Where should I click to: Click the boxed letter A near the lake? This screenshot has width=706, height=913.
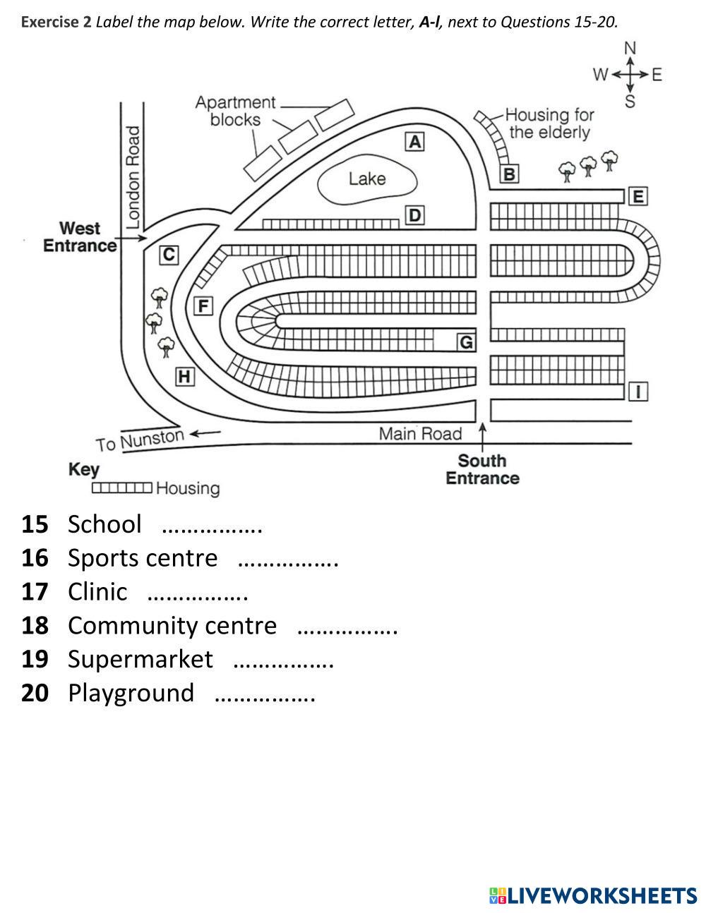pos(415,142)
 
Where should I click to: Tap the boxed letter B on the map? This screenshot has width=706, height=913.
pos(509,174)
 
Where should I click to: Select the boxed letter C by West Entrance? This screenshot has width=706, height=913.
pos(169,255)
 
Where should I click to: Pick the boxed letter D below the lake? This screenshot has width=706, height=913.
pos(415,215)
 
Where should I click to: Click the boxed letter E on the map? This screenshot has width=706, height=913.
pos(638,196)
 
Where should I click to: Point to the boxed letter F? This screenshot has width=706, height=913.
pos(203,306)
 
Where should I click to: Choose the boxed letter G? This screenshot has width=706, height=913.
pos(467,342)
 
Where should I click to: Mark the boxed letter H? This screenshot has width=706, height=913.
pos(185,377)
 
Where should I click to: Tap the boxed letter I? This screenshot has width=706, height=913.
pos(638,392)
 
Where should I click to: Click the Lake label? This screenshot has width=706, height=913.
pos(367,179)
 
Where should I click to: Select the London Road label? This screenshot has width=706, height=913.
pos(133,177)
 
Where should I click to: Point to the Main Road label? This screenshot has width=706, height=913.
pos(420,434)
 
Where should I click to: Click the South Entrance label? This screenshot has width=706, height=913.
pos(482,469)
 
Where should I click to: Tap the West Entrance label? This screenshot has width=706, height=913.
pos(80,237)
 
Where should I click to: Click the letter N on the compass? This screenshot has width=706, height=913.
pos(630,48)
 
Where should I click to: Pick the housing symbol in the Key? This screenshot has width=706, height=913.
pos(122,488)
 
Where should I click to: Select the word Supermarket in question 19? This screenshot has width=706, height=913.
pos(140,659)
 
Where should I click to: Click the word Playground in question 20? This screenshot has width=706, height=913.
pos(131,693)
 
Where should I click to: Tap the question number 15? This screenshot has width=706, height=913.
pos(35,524)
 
